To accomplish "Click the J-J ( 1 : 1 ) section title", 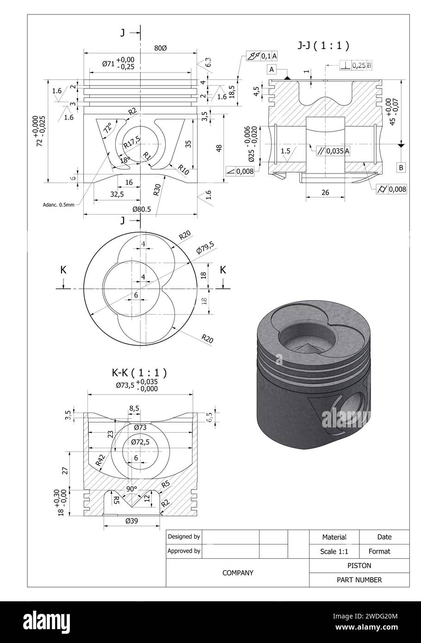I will point(322,45).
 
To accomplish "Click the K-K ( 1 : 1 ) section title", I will point(139,372).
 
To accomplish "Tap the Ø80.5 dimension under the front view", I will point(142,209).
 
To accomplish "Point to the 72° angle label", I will point(107,128).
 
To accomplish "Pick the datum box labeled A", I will point(272,69).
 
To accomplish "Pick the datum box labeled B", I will point(401,167).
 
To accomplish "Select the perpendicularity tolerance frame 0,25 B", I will point(356,65).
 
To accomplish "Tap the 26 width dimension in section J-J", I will point(325,192).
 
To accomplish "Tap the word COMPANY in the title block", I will point(238,573).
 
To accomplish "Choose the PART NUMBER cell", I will point(359,580).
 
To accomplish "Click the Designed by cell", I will point(184,537).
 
